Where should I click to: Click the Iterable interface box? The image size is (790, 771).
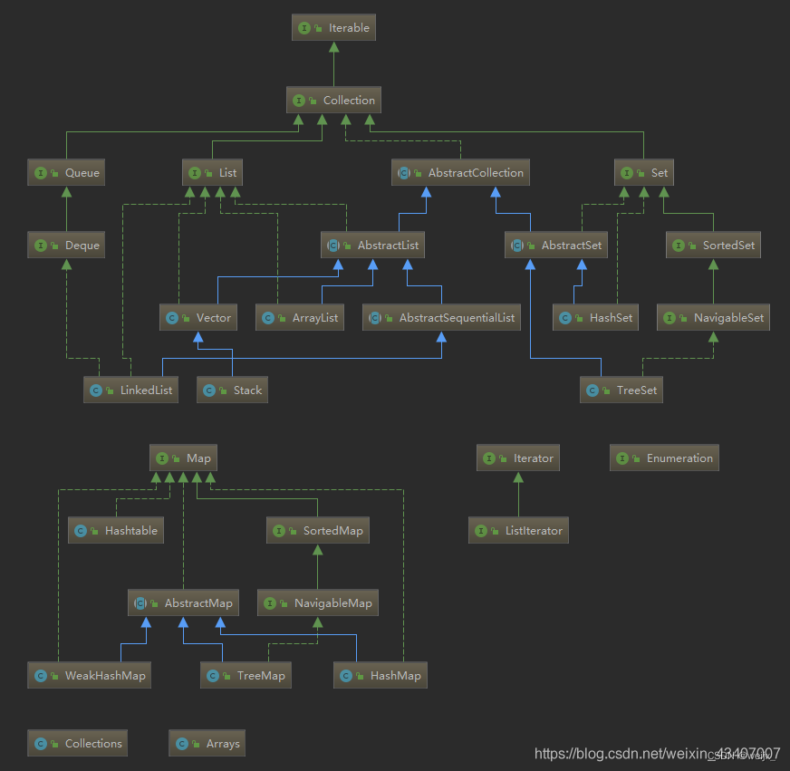click(x=333, y=28)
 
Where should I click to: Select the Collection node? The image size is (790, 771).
click(x=333, y=101)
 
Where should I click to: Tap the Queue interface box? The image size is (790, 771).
click(x=66, y=173)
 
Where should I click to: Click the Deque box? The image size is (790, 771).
click(x=66, y=246)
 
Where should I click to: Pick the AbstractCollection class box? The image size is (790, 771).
click(x=461, y=173)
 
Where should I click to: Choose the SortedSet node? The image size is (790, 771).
click(x=713, y=246)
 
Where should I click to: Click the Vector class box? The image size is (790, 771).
click(x=198, y=318)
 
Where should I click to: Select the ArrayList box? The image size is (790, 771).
click(x=300, y=318)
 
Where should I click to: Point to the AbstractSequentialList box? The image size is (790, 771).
click(x=442, y=318)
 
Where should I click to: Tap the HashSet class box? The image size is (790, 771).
click(x=595, y=318)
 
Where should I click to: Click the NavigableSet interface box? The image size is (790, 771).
click(x=713, y=318)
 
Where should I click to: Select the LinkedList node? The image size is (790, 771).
click(x=130, y=390)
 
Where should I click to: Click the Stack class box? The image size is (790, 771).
click(x=233, y=390)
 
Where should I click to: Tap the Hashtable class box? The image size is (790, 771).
click(x=116, y=531)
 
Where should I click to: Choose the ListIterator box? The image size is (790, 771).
click(x=518, y=531)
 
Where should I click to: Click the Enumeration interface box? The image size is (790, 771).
click(x=665, y=458)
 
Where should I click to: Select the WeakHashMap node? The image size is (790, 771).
click(x=90, y=676)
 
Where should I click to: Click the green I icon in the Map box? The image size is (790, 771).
click(x=161, y=458)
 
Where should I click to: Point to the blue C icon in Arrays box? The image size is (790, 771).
click(x=181, y=744)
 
